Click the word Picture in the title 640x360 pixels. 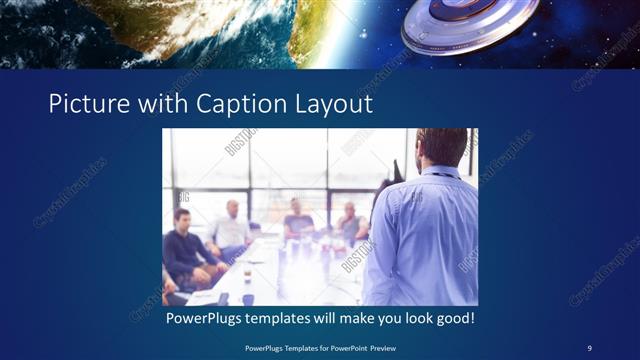coord(85,103)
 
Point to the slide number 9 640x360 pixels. coord(589,347)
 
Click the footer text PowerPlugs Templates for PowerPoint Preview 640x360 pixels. coord(320,347)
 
